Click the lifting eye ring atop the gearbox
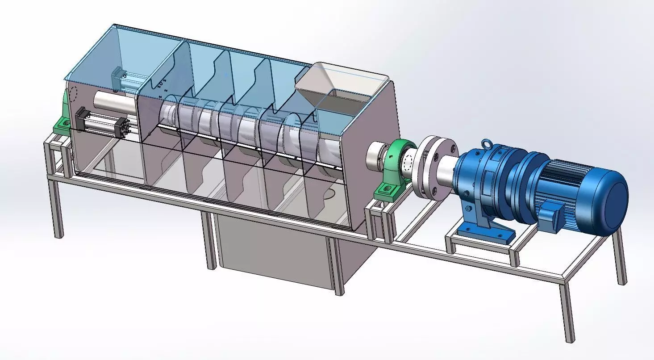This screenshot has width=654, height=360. (485, 144)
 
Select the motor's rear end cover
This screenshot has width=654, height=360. (614, 197)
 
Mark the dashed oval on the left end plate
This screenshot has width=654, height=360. (72, 94)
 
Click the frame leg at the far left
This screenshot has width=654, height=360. (56, 210)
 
